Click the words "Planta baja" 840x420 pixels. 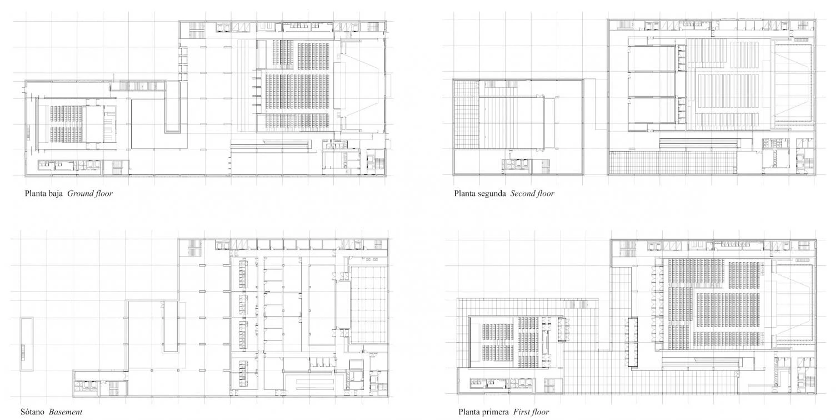point(43,194)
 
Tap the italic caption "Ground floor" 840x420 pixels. point(90,194)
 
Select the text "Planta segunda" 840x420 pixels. point(480,194)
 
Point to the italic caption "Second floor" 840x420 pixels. point(532,194)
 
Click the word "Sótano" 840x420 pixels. point(32,412)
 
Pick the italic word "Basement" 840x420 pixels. point(66,412)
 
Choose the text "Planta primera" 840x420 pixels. point(484,412)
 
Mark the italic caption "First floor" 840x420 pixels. point(531,412)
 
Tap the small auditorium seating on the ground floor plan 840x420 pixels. point(66,124)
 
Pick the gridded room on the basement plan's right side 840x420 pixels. point(368,304)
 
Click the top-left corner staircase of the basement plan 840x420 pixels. point(194,248)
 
